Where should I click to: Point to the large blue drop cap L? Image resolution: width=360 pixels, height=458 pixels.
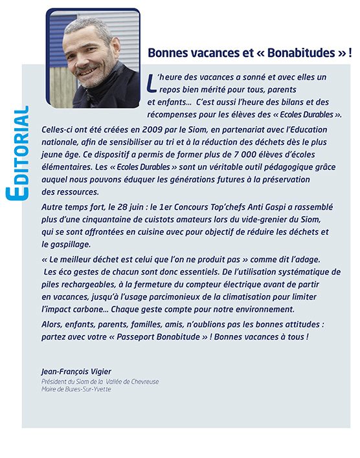coord(152,82)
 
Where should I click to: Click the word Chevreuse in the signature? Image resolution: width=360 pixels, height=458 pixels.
coord(142,382)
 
